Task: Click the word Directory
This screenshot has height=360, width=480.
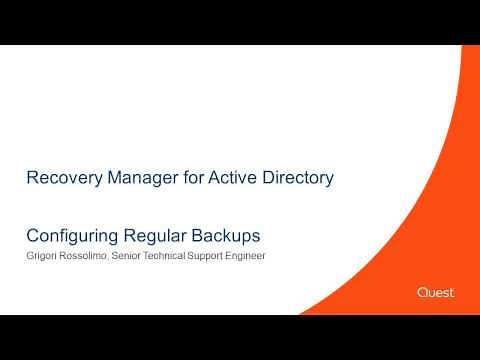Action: pos(296,179)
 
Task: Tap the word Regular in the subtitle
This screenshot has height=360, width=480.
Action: pos(152,237)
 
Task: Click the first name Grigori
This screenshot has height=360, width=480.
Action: pos(42,256)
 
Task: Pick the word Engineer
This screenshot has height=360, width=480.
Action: pos(264,256)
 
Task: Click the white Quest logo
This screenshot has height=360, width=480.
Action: pos(436,292)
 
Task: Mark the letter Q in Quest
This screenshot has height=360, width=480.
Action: pos(422,292)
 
